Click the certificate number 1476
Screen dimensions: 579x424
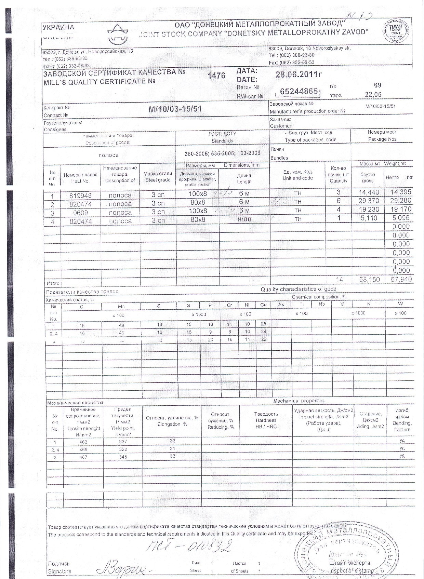click(x=216, y=76)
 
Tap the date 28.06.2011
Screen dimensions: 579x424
click(x=299, y=75)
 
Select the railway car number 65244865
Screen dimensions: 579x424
click(x=299, y=91)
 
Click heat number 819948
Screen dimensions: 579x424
click(x=80, y=196)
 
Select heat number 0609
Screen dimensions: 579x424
click(x=80, y=213)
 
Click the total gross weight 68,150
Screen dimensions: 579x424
click(x=369, y=280)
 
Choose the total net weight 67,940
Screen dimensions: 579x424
click(x=401, y=280)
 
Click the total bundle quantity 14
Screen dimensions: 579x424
click(x=339, y=280)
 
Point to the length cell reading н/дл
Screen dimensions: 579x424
click(x=244, y=219)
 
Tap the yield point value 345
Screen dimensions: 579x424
click(x=123, y=457)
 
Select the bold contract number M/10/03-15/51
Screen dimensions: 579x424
click(x=175, y=109)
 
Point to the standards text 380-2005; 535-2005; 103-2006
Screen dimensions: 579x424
click(x=222, y=153)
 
